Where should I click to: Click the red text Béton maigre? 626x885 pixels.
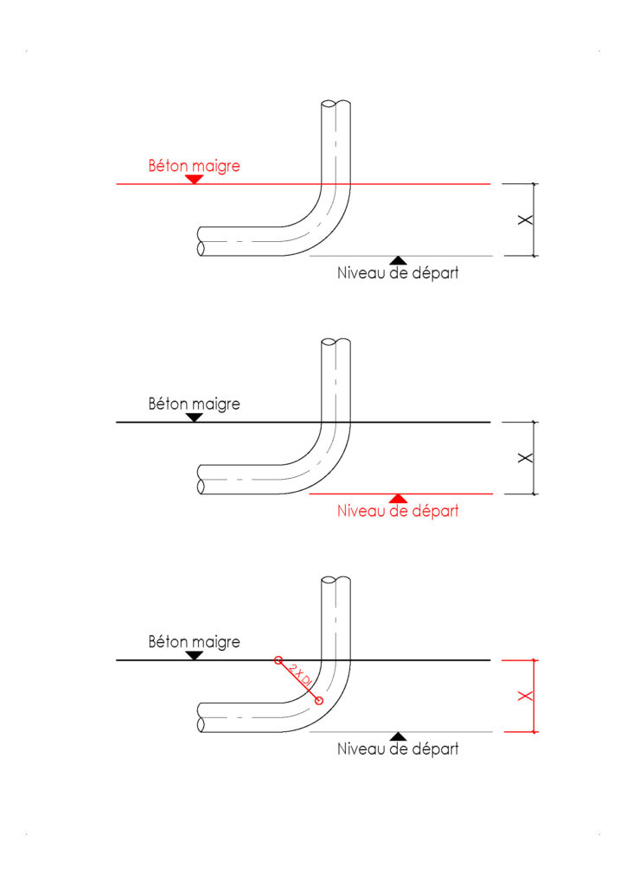194,165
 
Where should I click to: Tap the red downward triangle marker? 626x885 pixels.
195,179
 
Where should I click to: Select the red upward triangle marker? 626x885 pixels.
398,498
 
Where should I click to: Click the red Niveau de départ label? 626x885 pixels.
398,511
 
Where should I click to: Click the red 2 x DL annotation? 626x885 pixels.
299,679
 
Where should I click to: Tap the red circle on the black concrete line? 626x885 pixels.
278,660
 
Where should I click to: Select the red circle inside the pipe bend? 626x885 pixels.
319,700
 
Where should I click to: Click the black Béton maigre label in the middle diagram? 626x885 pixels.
194,403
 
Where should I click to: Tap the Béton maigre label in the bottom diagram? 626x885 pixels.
194,641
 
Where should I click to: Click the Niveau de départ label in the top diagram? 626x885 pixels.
398,273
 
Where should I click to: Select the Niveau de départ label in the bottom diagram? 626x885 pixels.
398,748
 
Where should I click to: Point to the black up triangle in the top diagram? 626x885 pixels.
398,259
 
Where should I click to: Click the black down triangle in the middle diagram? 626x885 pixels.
195,417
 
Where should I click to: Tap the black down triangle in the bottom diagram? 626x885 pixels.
195,655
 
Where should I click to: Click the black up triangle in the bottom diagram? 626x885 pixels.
398,735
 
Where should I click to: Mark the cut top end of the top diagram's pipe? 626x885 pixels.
335,105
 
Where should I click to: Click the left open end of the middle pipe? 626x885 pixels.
201,479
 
